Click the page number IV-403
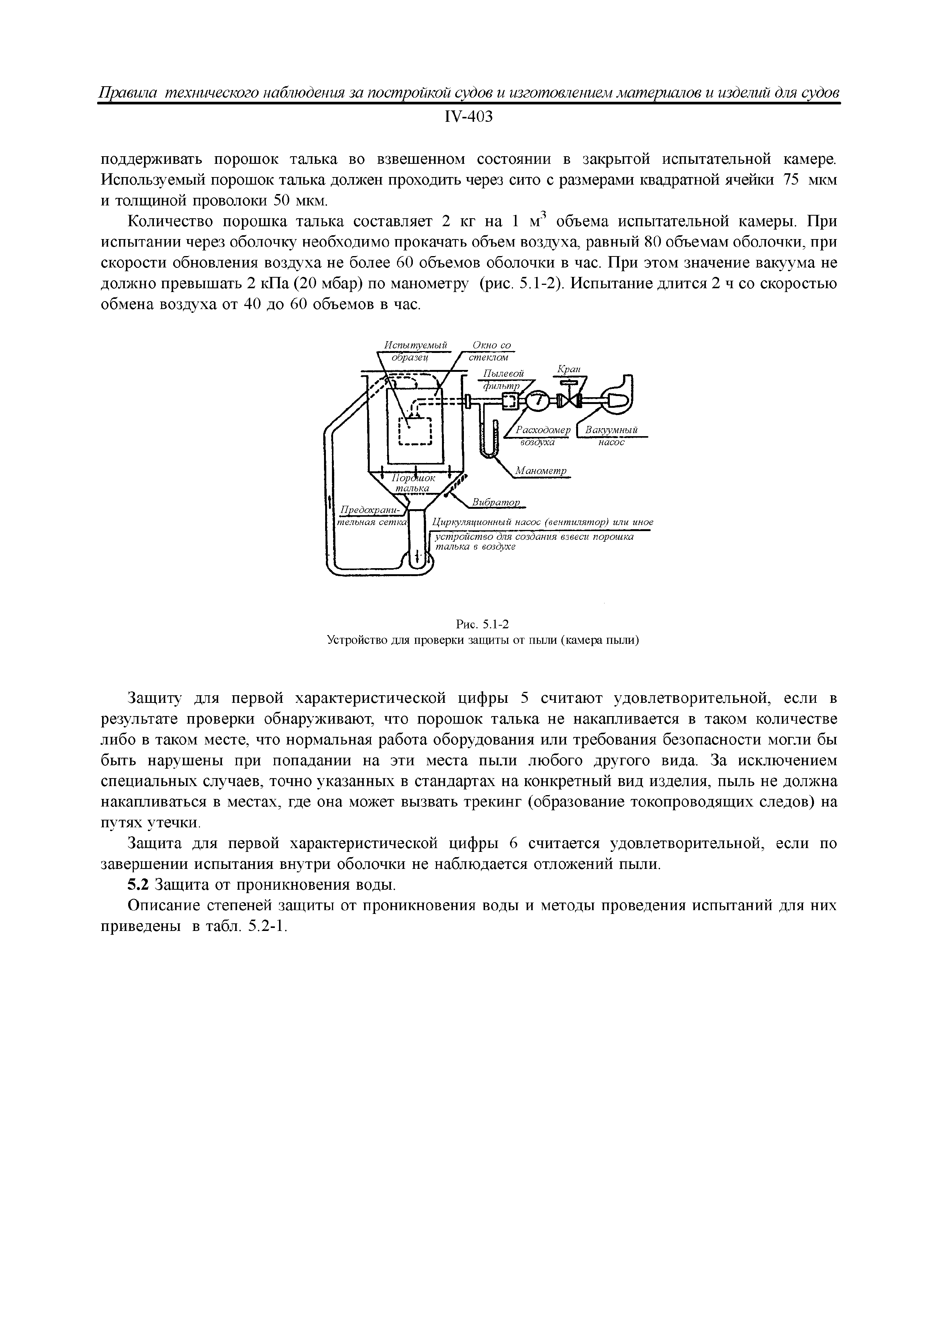click(468, 117)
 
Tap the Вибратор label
click(496, 502)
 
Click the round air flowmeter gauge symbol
click(536, 400)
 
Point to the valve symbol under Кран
click(569, 400)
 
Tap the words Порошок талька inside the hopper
click(413, 484)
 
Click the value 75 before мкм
click(789, 180)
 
